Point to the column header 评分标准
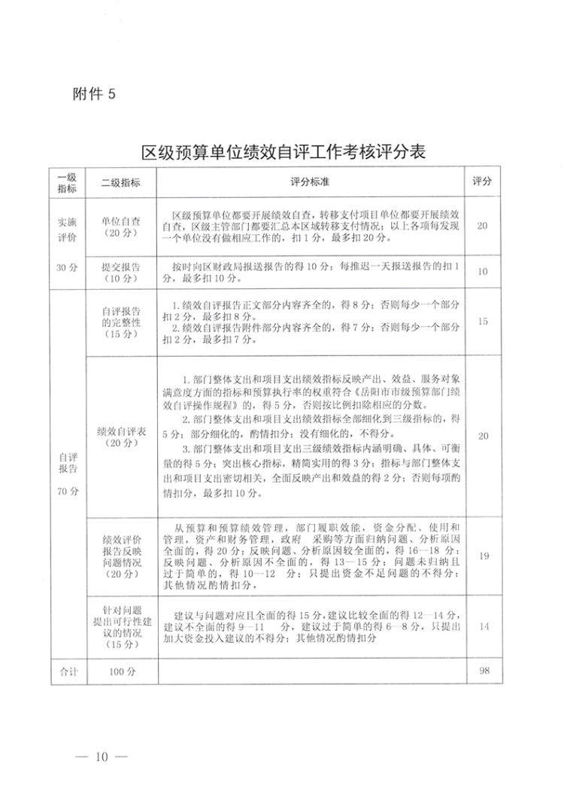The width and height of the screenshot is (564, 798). pyautogui.click(x=311, y=183)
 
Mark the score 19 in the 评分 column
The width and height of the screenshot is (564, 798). pyautogui.click(x=484, y=556)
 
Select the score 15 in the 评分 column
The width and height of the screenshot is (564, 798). pyautogui.click(x=484, y=321)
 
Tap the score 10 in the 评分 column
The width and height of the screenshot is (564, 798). pyautogui.click(x=484, y=272)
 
